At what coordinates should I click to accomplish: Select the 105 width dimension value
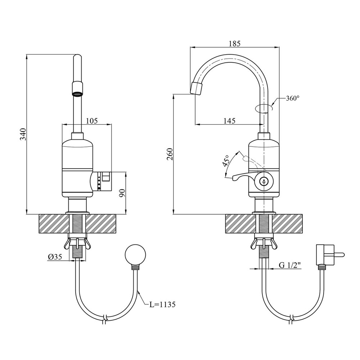pos(91,121)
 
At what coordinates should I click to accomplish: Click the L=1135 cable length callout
pos(162,305)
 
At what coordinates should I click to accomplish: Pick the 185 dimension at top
pos(234,44)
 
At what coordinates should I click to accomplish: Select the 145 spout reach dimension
pos(229,121)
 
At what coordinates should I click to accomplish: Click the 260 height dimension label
pos(170,154)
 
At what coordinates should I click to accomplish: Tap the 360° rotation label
pos(292,98)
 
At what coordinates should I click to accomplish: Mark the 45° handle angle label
pos(226,161)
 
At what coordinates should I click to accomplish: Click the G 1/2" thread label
pos(290,265)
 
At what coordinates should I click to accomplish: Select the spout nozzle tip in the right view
pos(197,89)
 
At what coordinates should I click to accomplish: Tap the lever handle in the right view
pos(239,177)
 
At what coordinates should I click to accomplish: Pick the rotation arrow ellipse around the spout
pos(264,108)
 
